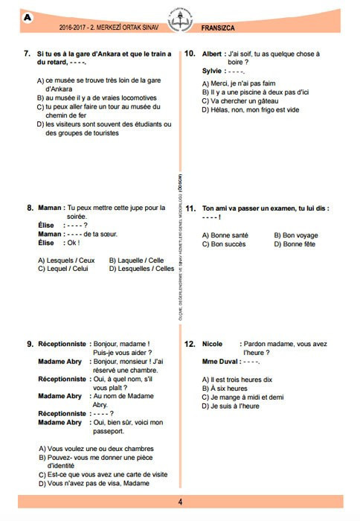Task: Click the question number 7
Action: [x=26, y=54]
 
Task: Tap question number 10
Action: [x=190, y=54]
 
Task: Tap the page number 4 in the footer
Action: [x=179, y=500]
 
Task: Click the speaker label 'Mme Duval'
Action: [x=220, y=361]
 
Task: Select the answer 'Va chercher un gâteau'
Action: [x=238, y=100]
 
